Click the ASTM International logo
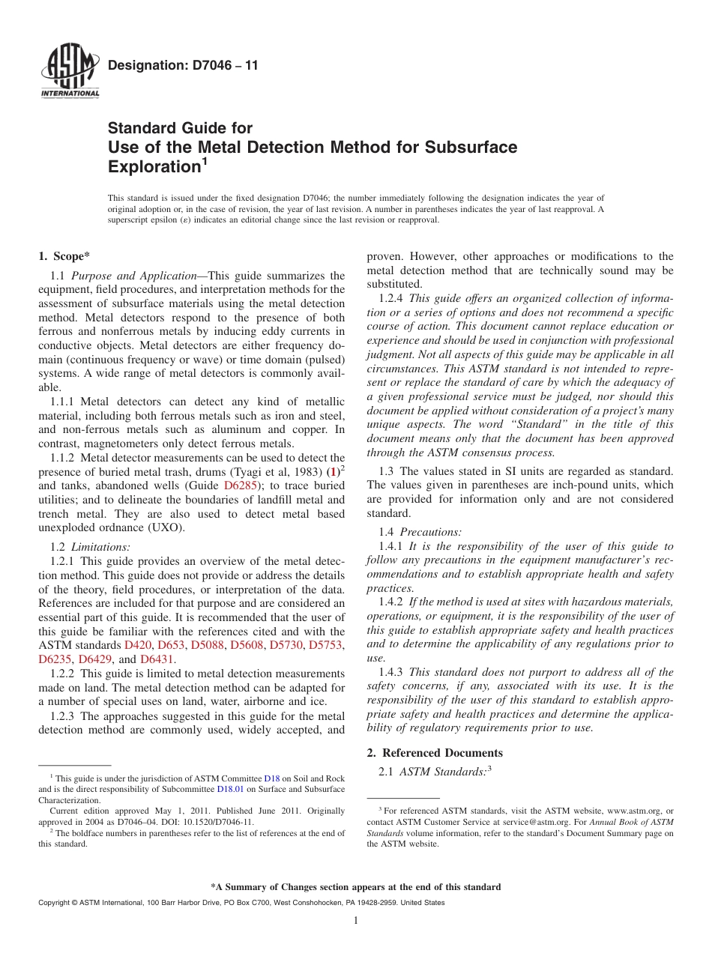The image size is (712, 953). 69,73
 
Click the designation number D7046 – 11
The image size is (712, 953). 183,66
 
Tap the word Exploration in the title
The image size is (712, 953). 153,166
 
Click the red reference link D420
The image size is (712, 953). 138,645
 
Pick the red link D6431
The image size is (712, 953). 157,659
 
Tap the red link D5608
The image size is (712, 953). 247,645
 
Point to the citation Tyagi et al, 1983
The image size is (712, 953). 277,472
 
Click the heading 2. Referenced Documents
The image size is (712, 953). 435,753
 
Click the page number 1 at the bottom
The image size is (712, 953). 356,921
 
